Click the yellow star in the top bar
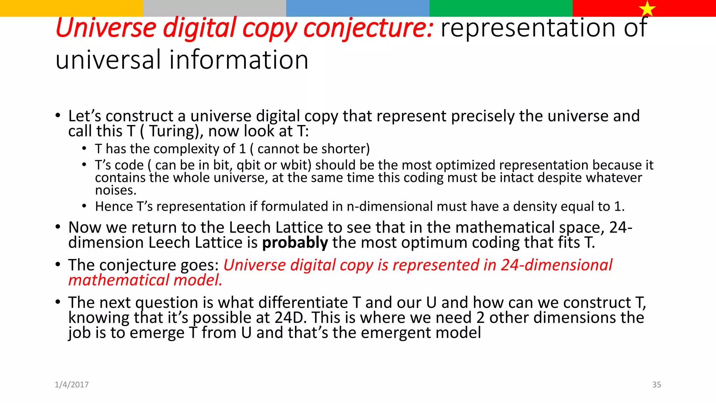647,8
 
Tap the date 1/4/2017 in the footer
72,384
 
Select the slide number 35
657,384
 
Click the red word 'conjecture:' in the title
368,28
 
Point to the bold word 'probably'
295,242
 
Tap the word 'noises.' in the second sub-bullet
116,190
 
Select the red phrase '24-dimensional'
556,265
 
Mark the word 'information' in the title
239,60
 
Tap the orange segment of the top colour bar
71,8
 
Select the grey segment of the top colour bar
215,8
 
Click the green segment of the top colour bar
501,8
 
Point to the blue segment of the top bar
358,8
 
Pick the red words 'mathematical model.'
145,280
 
